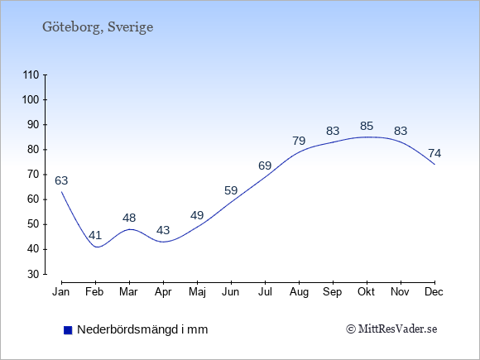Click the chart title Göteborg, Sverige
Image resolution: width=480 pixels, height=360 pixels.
[98, 27]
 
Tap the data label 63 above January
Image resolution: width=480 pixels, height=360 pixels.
[61, 180]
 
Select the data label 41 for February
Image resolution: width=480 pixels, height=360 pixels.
[95, 235]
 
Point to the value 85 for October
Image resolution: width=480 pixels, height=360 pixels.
[367, 126]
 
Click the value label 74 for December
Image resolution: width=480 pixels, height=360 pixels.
[434, 153]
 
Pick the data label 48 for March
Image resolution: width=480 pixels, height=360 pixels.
[129, 218]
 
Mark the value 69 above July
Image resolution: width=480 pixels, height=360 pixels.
[265, 166]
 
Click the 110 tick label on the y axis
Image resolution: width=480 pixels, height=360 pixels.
[31, 74]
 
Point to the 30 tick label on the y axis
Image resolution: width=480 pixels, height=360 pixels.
[34, 274]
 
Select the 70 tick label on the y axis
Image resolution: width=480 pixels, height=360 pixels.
[34, 175]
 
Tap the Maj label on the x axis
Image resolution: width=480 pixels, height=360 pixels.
[197, 292]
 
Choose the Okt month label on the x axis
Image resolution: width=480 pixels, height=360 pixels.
[367, 291]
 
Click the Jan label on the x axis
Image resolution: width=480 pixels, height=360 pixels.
[61, 291]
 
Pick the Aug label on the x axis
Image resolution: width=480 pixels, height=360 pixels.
[299, 292]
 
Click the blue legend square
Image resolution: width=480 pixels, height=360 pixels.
[68, 330]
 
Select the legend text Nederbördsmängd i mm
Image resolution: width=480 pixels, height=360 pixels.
[142, 329]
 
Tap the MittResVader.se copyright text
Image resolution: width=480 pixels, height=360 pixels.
[391, 329]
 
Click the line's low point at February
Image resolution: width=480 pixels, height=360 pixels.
[98, 247]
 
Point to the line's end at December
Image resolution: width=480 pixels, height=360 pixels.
[434, 165]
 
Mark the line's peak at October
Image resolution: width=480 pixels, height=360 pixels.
[367, 137]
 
